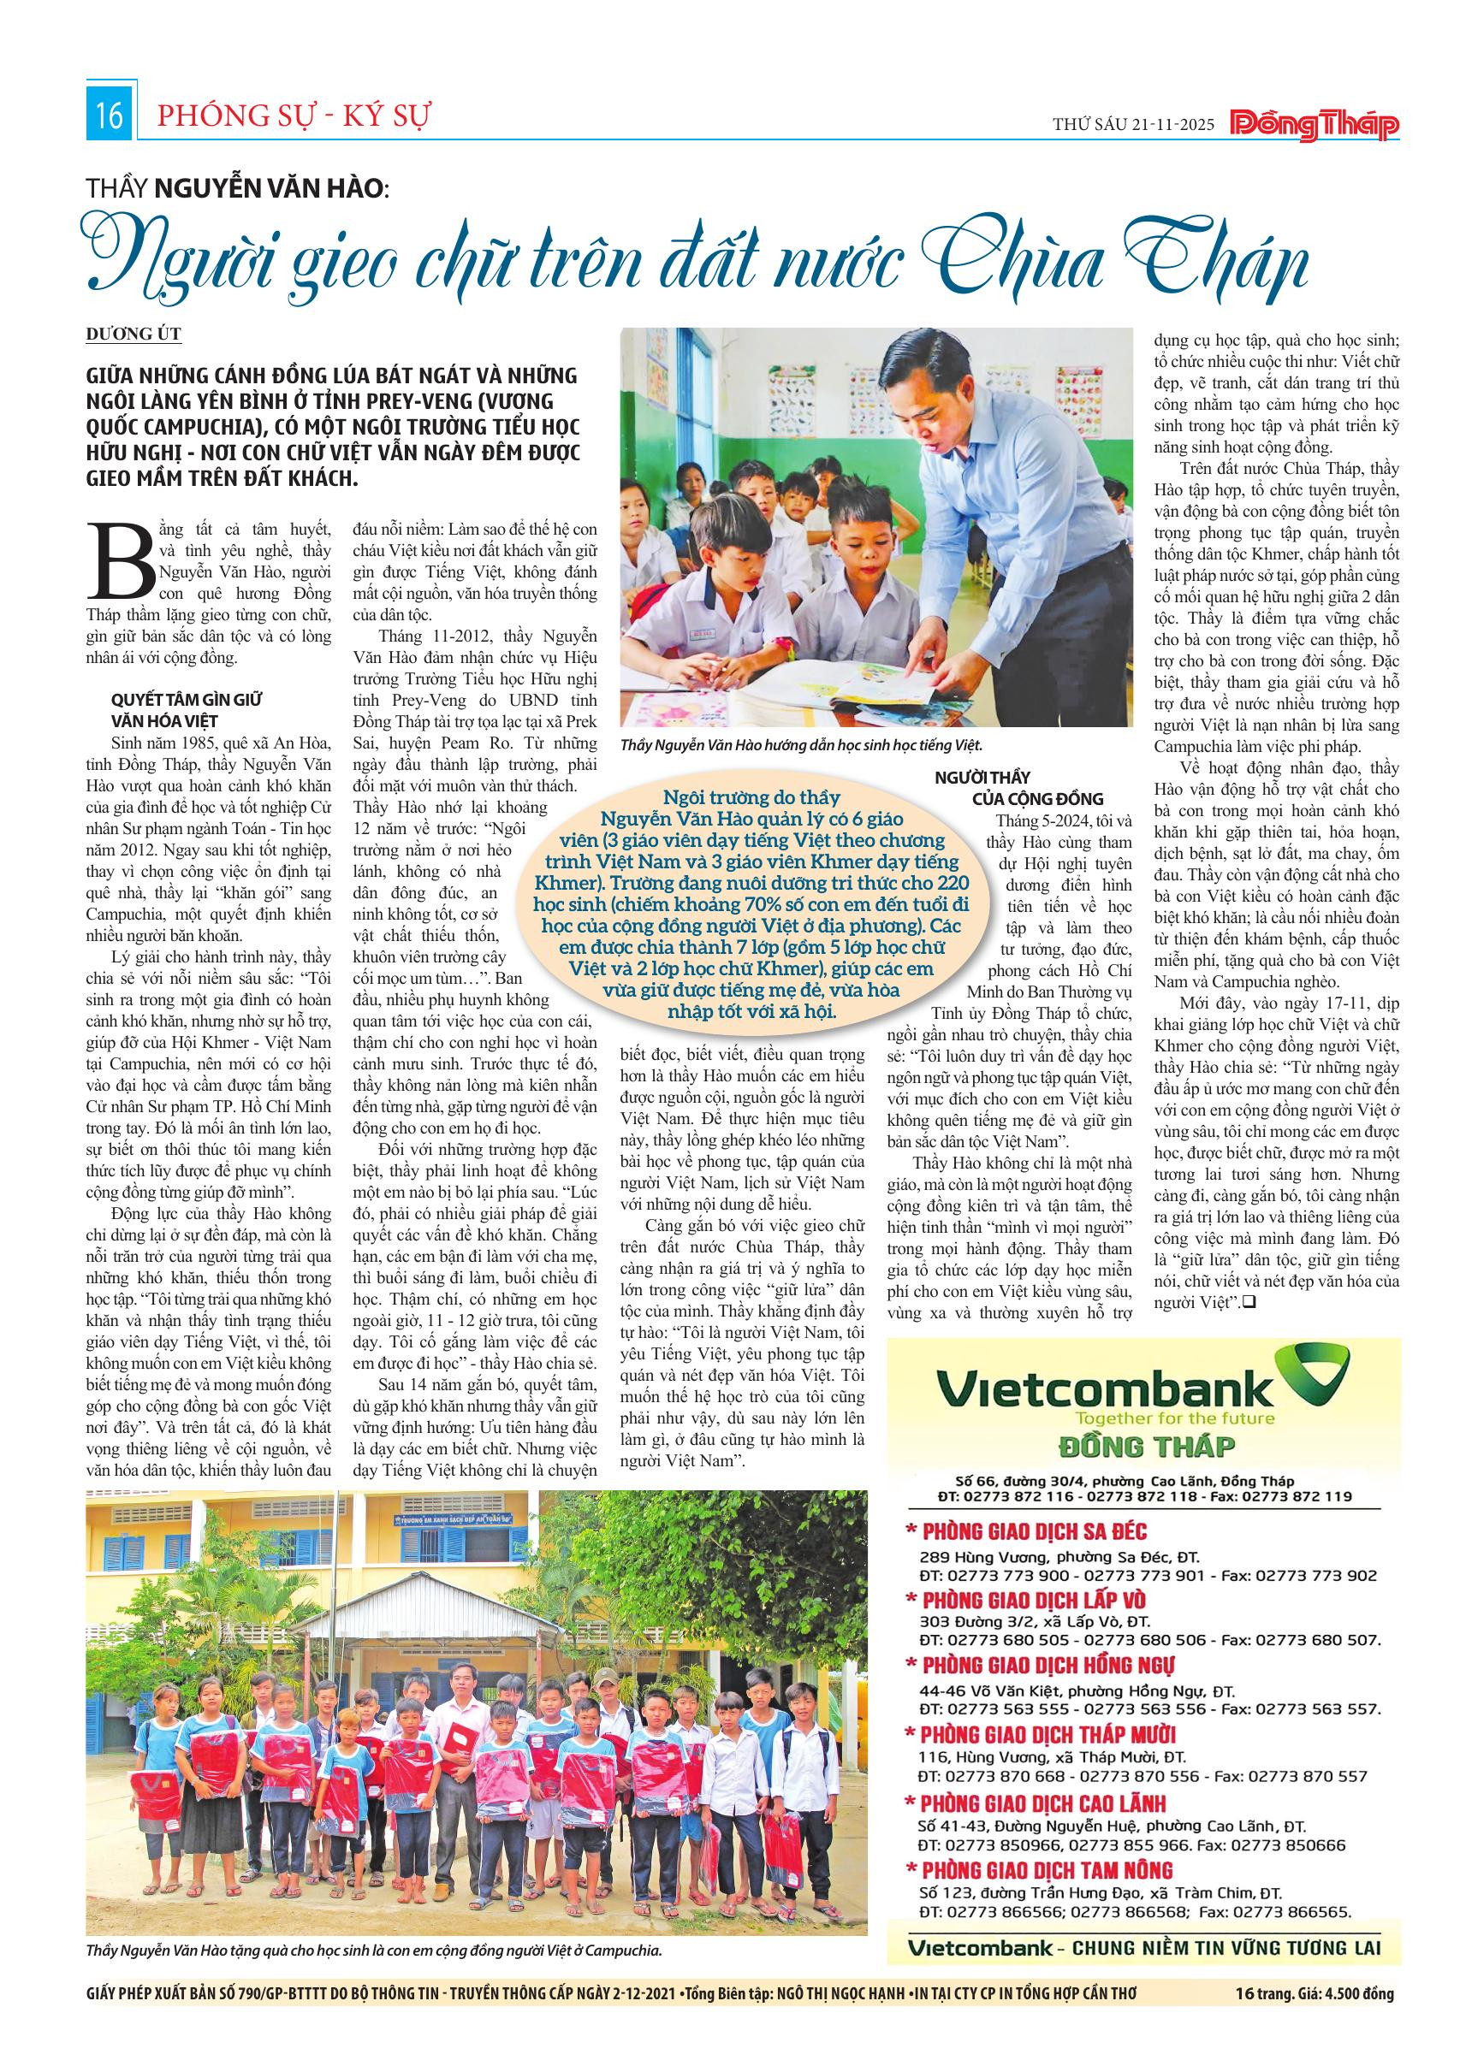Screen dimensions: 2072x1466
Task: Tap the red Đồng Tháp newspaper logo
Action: pos(1315,126)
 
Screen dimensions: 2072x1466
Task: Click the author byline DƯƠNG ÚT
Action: pos(134,334)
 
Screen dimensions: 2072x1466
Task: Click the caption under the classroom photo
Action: pos(800,745)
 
